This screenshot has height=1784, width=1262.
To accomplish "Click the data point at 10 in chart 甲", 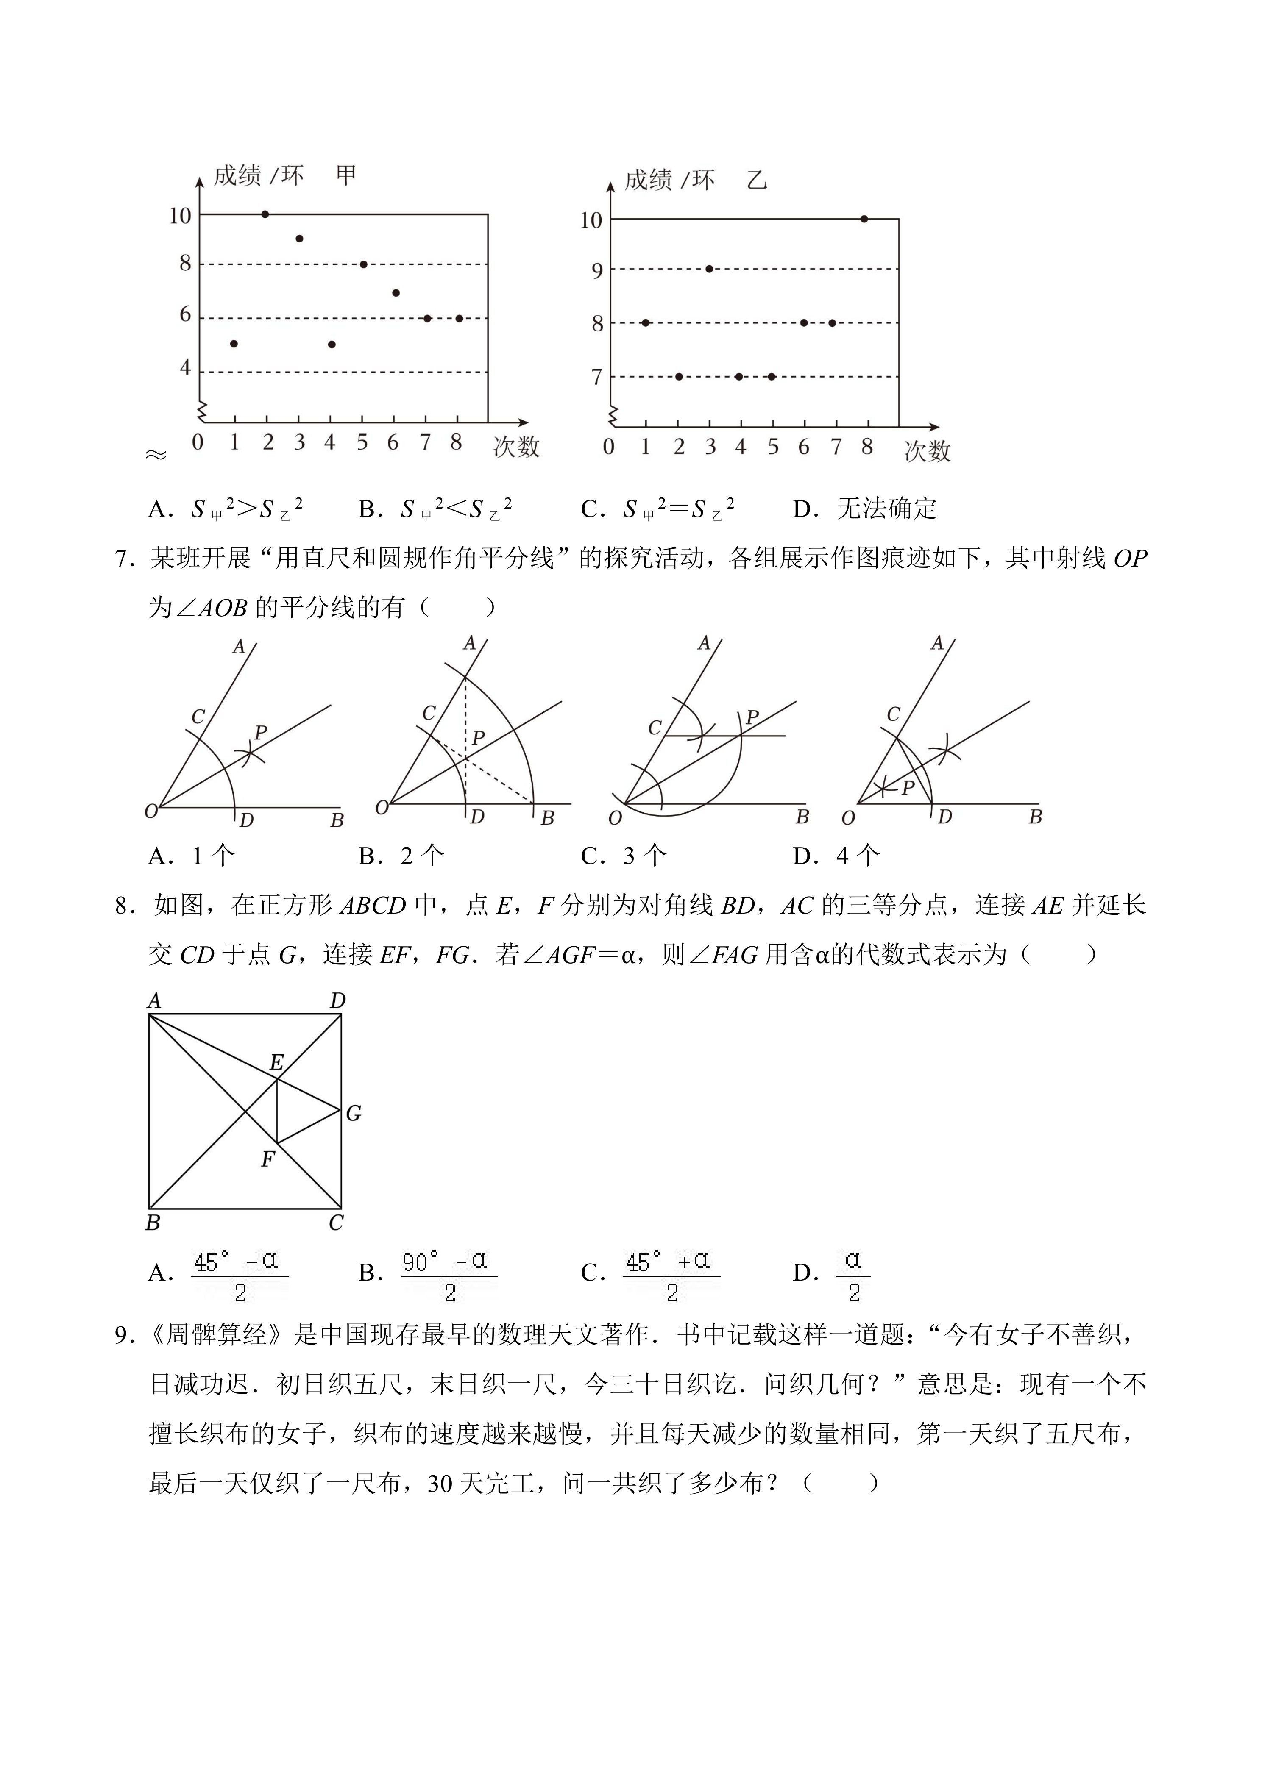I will point(265,214).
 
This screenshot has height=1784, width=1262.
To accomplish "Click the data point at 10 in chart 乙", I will point(864,219).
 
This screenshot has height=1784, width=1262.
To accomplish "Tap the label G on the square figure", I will point(354,1114).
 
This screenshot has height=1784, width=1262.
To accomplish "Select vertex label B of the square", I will point(153,1223).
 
